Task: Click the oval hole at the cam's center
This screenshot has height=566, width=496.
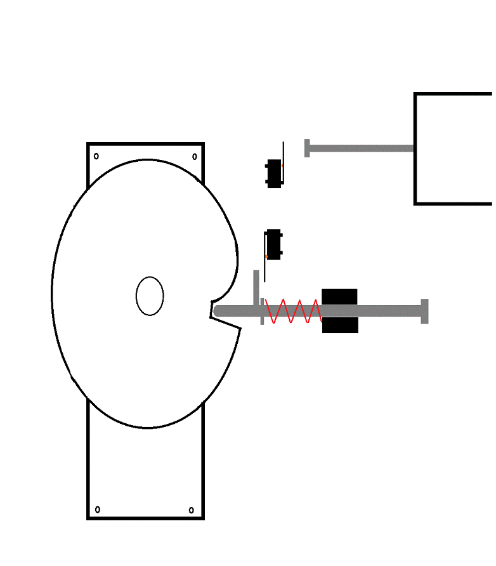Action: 150,296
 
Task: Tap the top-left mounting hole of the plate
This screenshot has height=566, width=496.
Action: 96,156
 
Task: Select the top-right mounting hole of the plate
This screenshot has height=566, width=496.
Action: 195,156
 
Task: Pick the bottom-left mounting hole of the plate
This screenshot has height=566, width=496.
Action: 97,510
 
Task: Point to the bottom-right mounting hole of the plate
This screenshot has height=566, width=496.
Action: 191,510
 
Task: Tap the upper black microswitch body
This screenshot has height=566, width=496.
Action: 273,173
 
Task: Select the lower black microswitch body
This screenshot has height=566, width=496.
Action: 274,244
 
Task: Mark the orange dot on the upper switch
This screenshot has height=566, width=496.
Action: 282,165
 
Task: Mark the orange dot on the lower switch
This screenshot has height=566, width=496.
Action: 266,256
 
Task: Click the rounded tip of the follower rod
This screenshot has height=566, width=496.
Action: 218,311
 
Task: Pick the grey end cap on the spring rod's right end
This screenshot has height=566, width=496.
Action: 424,311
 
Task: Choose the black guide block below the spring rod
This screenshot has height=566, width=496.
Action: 339,326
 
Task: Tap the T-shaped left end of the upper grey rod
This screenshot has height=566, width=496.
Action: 307,148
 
